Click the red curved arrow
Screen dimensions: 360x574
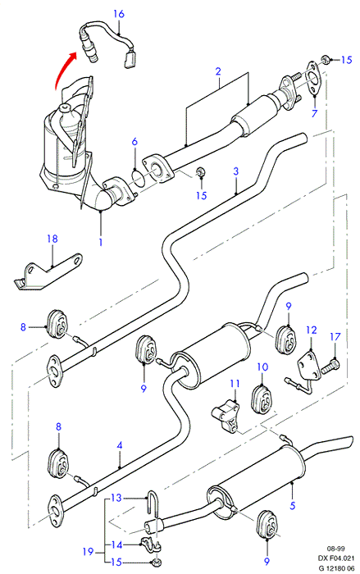click(62, 68)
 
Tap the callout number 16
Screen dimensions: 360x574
click(119, 14)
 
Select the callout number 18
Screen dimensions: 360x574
click(52, 239)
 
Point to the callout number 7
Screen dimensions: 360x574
click(314, 113)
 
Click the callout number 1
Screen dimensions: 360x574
click(100, 243)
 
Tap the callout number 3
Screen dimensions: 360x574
click(236, 171)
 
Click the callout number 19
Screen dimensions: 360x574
click(88, 551)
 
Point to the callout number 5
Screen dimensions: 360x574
click(292, 506)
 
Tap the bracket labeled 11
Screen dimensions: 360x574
click(226, 416)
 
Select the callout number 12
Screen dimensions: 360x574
click(312, 330)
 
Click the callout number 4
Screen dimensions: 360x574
click(120, 445)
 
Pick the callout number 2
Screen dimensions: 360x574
click(218, 71)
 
